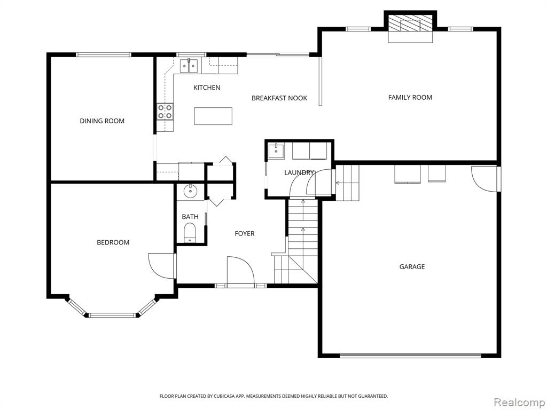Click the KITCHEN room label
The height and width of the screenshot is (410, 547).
207,88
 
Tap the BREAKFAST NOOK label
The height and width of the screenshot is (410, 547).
279,98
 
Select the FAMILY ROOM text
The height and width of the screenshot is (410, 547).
410,98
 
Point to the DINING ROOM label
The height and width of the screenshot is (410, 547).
102,121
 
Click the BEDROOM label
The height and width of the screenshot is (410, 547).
113,242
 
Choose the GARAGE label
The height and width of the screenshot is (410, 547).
412,267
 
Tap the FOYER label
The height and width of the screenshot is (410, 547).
245,234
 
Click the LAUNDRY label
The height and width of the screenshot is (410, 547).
299,172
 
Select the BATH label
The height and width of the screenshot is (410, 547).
190,217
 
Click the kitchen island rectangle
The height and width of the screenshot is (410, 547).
213,116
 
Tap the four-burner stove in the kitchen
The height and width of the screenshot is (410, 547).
165,112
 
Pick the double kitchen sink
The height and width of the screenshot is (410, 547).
189,66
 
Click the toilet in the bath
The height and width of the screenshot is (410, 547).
190,232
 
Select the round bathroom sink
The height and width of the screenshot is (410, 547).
191,191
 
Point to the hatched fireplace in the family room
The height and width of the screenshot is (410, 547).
410,25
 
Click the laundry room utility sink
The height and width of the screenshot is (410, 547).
276,151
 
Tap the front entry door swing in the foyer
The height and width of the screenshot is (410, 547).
241,271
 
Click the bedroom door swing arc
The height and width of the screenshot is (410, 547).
161,266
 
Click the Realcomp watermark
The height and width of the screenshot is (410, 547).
519,403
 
